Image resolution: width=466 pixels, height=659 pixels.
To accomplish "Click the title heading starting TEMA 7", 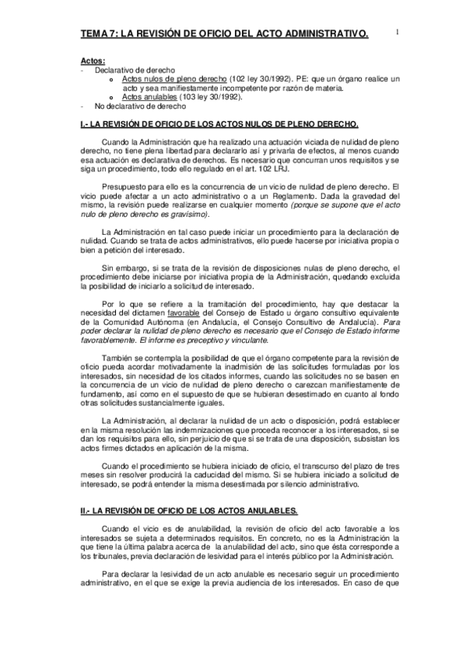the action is click(x=224, y=33).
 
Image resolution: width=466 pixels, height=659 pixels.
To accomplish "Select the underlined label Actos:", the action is click(x=93, y=61).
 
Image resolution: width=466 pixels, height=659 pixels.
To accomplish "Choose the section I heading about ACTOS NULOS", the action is click(x=220, y=124).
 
